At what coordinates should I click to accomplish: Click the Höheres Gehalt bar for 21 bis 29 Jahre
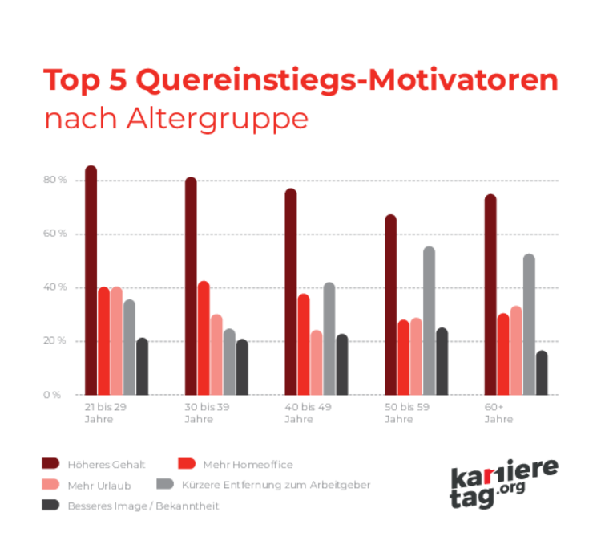point(91,281)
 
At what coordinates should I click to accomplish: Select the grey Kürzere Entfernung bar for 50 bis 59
point(429,321)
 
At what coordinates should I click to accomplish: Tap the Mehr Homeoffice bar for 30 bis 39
point(204,338)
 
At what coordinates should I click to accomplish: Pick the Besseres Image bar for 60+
point(542,373)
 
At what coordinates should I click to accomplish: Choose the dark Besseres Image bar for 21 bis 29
point(142,367)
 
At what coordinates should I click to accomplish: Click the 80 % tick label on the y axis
point(54,181)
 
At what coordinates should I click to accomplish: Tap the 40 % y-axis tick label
point(54,287)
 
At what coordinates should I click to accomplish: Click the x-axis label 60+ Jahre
point(498,413)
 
